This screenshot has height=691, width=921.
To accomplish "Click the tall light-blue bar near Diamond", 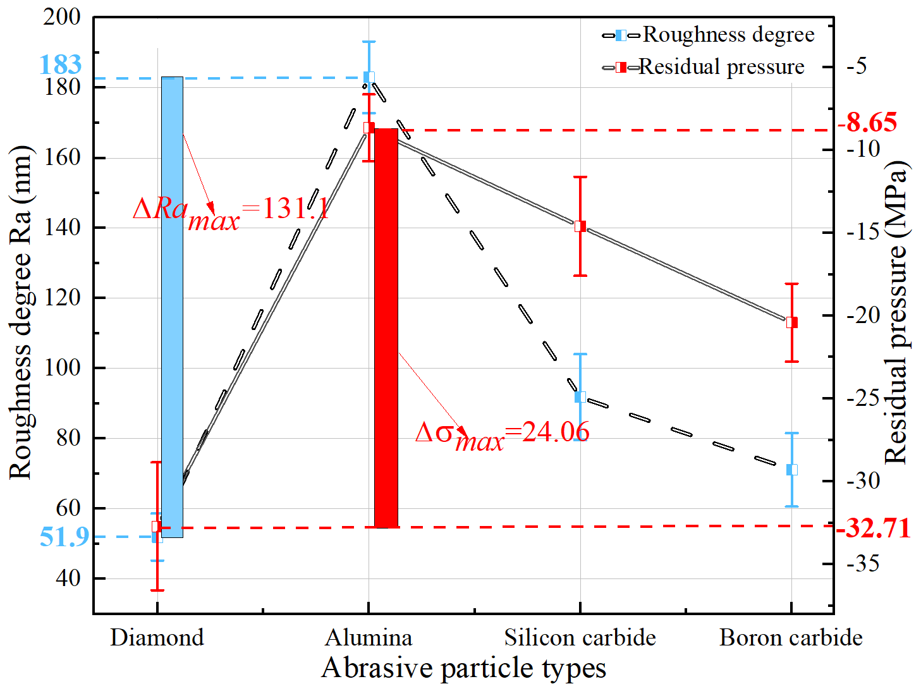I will coord(172,307).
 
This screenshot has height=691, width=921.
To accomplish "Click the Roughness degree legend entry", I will coord(709,35).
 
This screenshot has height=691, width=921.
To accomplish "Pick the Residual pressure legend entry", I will coord(704,67).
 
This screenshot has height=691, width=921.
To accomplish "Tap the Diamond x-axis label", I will coord(157,637).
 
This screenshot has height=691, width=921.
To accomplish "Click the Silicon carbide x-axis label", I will coord(580,637).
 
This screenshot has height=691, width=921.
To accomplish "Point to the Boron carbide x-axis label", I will coord(791,637).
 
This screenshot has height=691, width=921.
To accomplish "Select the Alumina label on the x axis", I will coord(369,637).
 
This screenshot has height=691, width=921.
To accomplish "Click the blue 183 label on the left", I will coord(60,64).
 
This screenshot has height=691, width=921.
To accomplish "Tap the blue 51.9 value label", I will coord(64,537).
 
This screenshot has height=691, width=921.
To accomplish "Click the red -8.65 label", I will coord(867,122).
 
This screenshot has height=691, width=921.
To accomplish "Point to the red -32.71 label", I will coord(874,528).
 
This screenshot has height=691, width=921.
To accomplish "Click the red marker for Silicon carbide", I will coord(580,226).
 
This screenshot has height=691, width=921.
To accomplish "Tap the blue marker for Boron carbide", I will coord(791,470).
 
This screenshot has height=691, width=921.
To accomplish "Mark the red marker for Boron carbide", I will coord(791,322).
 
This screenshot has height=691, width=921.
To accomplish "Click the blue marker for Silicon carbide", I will coord(580,397).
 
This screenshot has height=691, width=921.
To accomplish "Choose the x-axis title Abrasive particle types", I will coord(463,668).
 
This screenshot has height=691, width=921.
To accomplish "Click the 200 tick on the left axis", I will coord(62,17).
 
